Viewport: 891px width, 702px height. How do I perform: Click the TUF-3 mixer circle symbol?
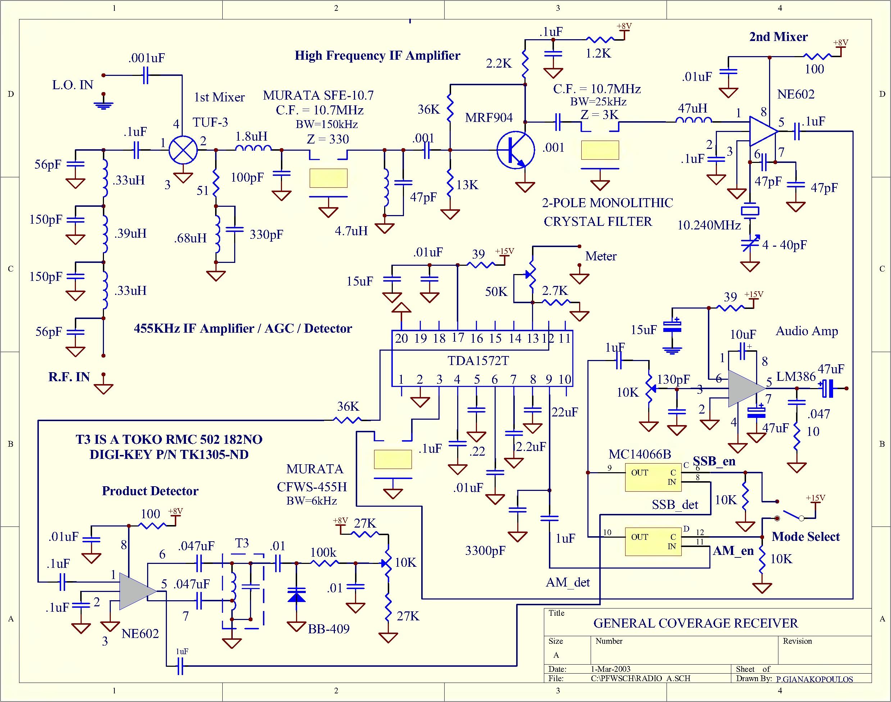[x=183, y=150]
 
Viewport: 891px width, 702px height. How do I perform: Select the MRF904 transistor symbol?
[x=516, y=150]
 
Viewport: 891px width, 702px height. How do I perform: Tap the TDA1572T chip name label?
[x=478, y=361]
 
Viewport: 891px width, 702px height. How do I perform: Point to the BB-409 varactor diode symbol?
[x=296, y=595]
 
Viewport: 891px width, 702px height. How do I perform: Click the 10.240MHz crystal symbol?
[x=750, y=211]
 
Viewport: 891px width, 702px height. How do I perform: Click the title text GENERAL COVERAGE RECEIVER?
[x=695, y=624]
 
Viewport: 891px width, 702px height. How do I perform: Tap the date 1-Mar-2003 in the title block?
[x=610, y=669]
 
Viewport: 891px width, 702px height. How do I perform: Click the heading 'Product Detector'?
[x=150, y=491]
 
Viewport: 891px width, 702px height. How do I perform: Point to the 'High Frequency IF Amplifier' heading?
[x=377, y=56]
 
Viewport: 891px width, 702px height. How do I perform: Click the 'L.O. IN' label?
[x=73, y=85]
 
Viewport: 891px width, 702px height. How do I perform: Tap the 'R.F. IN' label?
[x=69, y=377]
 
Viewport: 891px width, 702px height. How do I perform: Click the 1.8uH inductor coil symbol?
[x=253, y=148]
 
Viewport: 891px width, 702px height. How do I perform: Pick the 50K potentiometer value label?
[x=496, y=292]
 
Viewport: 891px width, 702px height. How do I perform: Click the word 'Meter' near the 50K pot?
[x=601, y=256]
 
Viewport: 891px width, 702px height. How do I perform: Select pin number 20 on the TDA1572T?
[x=401, y=339]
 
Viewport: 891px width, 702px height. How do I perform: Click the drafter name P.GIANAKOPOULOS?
[x=814, y=679]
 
